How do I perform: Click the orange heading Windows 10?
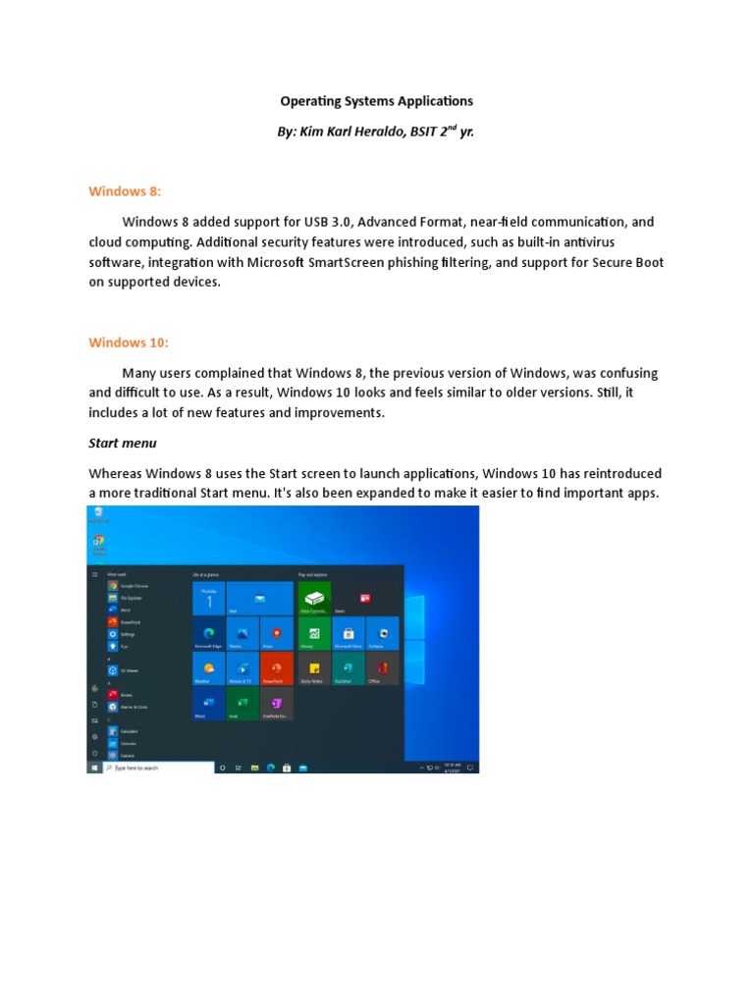pos(129,342)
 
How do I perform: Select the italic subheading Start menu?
pos(123,443)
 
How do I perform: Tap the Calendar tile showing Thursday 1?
pos(209,598)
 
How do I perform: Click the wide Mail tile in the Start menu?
pos(260,598)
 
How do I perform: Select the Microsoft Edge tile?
pos(209,633)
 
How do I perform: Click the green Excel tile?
pos(242,704)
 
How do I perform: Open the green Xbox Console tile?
pos(314,598)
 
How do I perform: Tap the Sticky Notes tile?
pos(314,668)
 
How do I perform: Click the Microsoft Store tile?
pos(349,633)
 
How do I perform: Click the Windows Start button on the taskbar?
pos(95,767)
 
